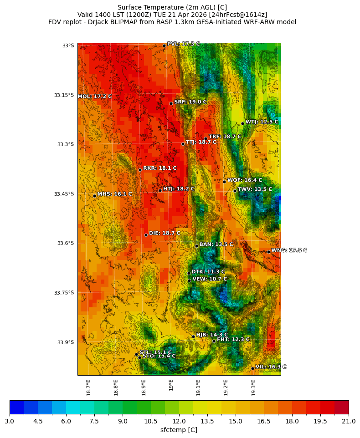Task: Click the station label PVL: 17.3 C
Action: (x=183, y=44)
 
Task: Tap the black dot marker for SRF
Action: (x=171, y=103)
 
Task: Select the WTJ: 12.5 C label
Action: (x=262, y=122)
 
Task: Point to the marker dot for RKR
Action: (x=140, y=170)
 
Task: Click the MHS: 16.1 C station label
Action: (x=114, y=194)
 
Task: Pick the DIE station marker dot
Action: (x=146, y=235)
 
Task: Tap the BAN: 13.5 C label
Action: (x=216, y=244)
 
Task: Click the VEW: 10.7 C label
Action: (x=209, y=279)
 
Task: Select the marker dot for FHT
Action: (x=214, y=341)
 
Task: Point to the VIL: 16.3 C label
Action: (x=271, y=367)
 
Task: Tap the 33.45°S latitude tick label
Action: (x=64, y=194)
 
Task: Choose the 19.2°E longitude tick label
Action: (x=226, y=387)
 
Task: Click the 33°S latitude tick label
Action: (x=68, y=46)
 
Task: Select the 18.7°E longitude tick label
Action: (x=88, y=387)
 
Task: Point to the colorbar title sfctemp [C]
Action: (x=179, y=430)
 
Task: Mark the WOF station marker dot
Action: (x=224, y=182)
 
